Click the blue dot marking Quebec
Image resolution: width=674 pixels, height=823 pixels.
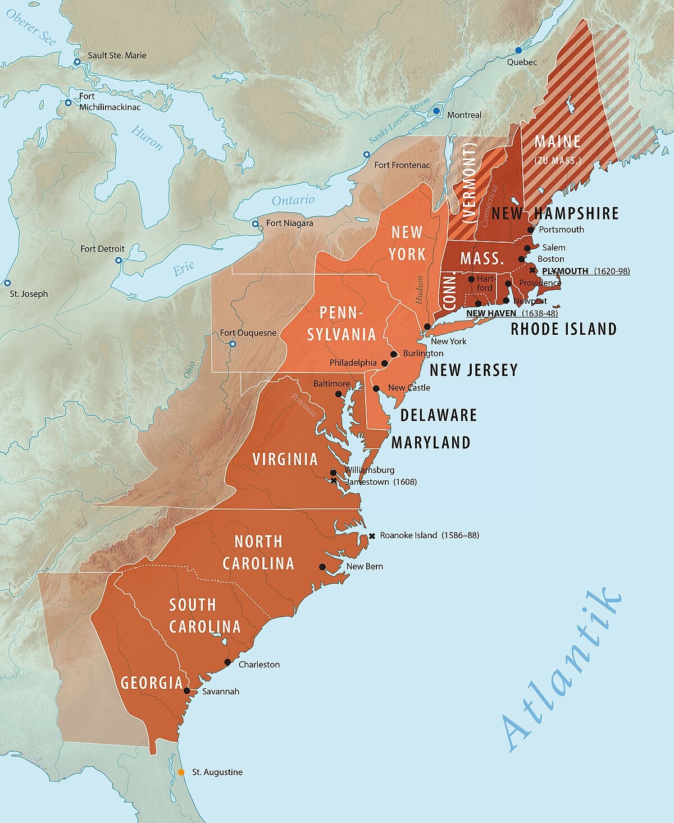click(518, 51)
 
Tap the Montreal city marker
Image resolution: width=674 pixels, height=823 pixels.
click(436, 111)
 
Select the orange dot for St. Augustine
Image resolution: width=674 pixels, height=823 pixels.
click(181, 772)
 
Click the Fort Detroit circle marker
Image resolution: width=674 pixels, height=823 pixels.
click(119, 260)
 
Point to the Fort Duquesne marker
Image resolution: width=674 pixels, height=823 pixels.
click(233, 344)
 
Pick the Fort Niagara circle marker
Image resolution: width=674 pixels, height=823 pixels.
click(255, 224)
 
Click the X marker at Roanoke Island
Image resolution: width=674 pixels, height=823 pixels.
click(372, 536)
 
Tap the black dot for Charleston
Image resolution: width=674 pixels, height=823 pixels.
click(227, 662)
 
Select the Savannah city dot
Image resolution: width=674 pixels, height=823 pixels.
click(187, 690)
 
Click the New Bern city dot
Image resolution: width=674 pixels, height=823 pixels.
click(322, 567)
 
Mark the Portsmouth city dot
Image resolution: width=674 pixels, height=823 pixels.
click(531, 230)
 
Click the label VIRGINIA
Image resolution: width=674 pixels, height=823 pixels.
click(285, 460)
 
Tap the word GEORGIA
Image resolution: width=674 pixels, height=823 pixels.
click(152, 683)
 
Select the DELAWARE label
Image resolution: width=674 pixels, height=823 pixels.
click(439, 415)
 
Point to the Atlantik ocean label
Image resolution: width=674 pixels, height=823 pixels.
click(562, 669)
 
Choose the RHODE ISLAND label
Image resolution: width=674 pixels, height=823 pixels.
click(563, 329)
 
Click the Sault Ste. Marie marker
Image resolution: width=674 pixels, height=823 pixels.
click(77, 62)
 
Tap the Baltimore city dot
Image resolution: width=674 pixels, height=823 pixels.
click(339, 394)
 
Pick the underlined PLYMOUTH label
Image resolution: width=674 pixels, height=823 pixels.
click(565, 271)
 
